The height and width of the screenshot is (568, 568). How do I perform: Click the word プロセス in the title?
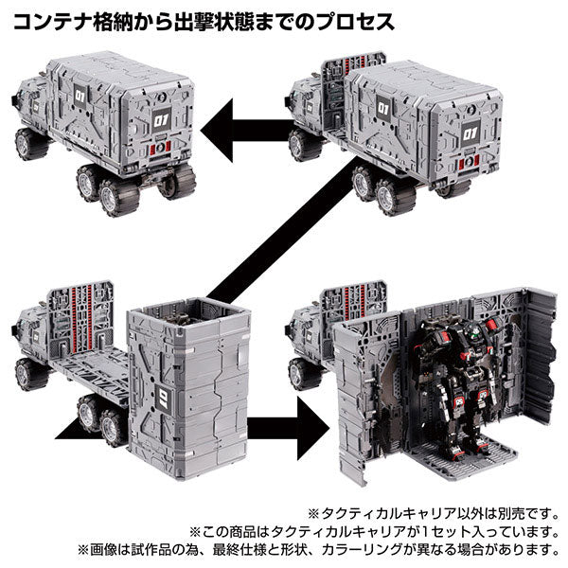pyautogui.click(x=355, y=22)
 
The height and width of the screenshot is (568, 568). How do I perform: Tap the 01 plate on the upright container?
pyautogui.click(x=163, y=399)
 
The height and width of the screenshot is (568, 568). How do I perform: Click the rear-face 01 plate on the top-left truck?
pyautogui.click(x=161, y=119)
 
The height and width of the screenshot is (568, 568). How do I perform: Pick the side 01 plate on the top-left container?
pyautogui.click(x=80, y=96)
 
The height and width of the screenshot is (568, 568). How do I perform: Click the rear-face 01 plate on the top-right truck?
pyautogui.click(x=470, y=133)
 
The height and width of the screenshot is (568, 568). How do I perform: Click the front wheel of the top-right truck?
pyautogui.click(x=303, y=146)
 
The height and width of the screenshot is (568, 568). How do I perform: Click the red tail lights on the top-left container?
pyautogui.click(x=162, y=148)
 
